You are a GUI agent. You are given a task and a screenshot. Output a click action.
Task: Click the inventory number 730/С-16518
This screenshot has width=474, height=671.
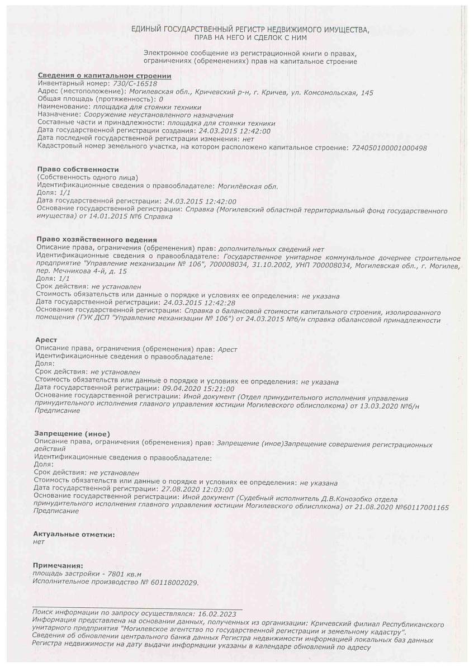pyautogui.click(x=135, y=83)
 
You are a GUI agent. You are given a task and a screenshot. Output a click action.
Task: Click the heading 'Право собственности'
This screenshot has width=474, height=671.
pyautogui.click(x=78, y=169)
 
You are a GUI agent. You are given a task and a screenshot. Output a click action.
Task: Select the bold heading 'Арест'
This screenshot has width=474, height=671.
pyautogui.click(x=46, y=339)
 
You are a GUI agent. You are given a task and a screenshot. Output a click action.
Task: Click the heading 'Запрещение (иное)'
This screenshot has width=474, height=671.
pyautogui.click(x=72, y=434)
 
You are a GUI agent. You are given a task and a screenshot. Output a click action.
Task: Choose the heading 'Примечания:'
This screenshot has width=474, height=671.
pyautogui.click(x=58, y=566)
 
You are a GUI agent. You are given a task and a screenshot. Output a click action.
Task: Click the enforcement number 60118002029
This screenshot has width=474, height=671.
pyautogui.click(x=173, y=582)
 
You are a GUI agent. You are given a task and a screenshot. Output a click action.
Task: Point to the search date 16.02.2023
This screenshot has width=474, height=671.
pyautogui.click(x=216, y=613)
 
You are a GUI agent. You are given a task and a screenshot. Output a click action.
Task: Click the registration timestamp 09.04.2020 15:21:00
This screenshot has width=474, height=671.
pyautogui.click(x=198, y=388)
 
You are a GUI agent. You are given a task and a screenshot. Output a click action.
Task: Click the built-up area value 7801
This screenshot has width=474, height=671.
pyautogui.click(x=105, y=574)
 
